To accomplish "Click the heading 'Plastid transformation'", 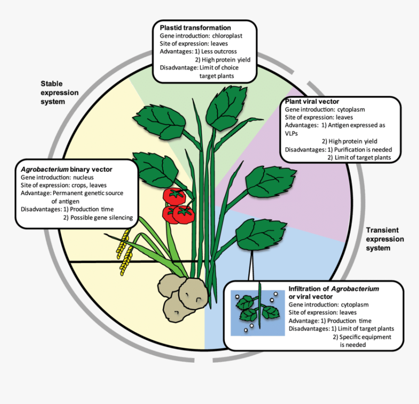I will [x=195, y=28].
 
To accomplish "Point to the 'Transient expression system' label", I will [x=385, y=239].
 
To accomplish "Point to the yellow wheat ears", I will [x=125, y=251].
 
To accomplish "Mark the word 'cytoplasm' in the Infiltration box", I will [x=355, y=305].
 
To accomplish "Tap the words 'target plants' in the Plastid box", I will [x=216, y=76].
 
